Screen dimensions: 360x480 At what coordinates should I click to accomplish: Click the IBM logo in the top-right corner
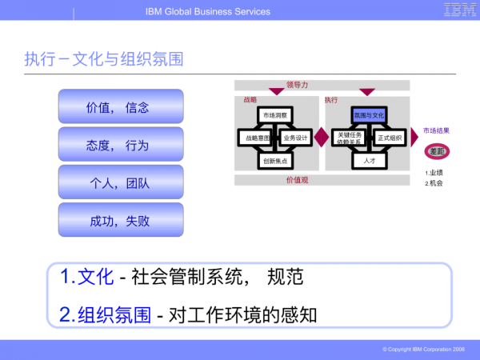[x=457, y=10]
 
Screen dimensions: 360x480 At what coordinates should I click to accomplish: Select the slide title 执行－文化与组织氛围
[x=104, y=59]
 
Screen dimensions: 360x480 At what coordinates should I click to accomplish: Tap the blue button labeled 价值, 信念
[x=121, y=106]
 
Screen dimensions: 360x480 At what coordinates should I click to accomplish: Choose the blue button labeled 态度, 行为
[x=121, y=145]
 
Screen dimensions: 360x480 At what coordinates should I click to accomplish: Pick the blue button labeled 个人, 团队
[x=121, y=182]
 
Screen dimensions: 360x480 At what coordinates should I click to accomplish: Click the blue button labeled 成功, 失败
[x=121, y=220]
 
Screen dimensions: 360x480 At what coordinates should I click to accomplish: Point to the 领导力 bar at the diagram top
[x=297, y=85]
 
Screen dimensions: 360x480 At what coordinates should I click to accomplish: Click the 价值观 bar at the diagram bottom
[x=297, y=180]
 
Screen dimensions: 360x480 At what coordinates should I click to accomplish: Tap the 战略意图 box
[x=255, y=138]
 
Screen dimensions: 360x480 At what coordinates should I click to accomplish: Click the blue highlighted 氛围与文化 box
[x=370, y=116]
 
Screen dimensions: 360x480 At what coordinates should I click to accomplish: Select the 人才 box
[x=370, y=160]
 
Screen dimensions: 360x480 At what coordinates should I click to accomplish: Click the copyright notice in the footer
[x=423, y=350]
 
